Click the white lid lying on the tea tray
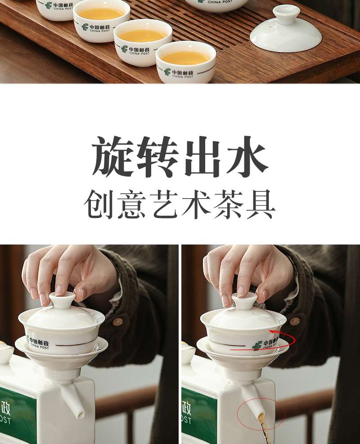pyautogui.click(x=286, y=30)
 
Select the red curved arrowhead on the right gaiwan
pyautogui.click(x=272, y=331)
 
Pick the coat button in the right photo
pyautogui.click(x=295, y=321)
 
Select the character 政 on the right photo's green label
pyautogui.click(x=186, y=408)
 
